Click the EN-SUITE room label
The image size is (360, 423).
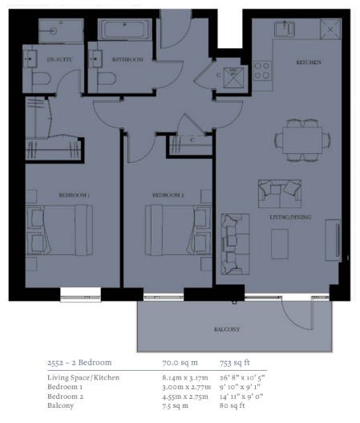[59, 59]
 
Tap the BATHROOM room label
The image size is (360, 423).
[127, 59]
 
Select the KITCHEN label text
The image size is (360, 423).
[309, 63]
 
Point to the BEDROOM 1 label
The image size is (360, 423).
[74, 195]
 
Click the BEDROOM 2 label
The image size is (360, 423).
[168, 195]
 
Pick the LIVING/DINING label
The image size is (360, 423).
[290, 218]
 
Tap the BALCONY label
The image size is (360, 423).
[227, 329]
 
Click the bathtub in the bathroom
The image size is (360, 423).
[124, 30]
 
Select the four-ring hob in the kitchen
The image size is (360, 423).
[262, 71]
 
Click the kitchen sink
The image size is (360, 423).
[285, 29]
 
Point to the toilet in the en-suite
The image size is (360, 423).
[41, 79]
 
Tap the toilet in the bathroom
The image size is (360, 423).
[107, 79]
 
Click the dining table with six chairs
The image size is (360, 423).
[302, 140]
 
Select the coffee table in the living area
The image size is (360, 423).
[280, 244]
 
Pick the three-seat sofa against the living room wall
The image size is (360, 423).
[235, 244]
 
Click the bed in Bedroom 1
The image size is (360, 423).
[59, 230]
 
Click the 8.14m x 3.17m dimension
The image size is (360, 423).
[185, 377]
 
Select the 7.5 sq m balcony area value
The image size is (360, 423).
[175, 405]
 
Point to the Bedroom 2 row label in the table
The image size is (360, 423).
[65, 397]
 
